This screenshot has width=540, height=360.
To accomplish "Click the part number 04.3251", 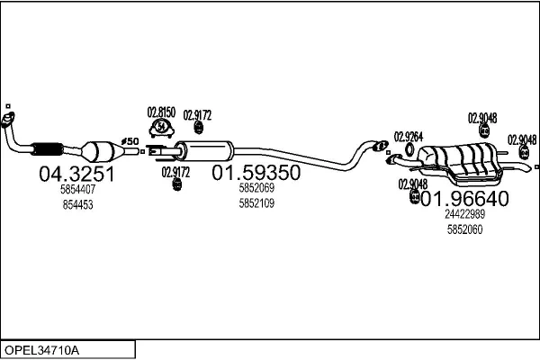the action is [x=76, y=174].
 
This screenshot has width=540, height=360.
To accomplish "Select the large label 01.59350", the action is [x=256, y=173].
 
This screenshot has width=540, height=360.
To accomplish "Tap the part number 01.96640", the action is [x=464, y=198].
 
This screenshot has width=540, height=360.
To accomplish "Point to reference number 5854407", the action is [x=77, y=189].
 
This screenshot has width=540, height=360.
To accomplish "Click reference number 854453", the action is [x=77, y=204].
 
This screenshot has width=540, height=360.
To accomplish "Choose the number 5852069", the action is [x=256, y=188].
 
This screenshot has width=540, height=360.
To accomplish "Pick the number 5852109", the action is [x=256, y=203].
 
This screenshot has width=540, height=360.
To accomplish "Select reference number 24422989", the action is [x=465, y=214].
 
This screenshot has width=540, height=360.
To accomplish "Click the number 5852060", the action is [x=465, y=229].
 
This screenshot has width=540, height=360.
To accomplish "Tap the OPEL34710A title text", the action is [x=41, y=350].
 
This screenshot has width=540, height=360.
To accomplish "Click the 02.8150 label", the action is [x=161, y=112].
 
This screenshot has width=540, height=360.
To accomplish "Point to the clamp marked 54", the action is [x=161, y=128].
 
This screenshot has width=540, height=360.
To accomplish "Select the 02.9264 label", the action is [x=409, y=137].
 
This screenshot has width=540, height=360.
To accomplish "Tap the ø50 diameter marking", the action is [x=130, y=141].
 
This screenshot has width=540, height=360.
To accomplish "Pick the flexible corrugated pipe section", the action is [x=47, y=148].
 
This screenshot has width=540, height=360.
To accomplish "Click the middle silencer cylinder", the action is [x=204, y=151].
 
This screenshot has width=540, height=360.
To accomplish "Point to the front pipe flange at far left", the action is [x=7, y=120].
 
